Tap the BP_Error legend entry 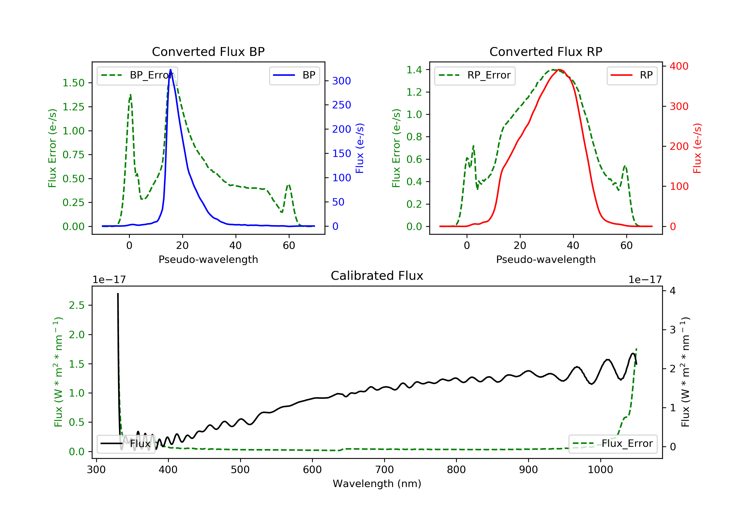[x=137, y=76]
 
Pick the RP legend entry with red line [x=632, y=76]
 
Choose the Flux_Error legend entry [x=613, y=444]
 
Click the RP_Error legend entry [x=475, y=76]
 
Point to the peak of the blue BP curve [x=171, y=70]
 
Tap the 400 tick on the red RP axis [x=679, y=66]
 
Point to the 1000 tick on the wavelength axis [x=600, y=470]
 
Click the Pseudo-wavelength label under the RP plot [x=546, y=259]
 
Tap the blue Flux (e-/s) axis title [x=360, y=148]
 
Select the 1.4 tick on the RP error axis [x=414, y=70]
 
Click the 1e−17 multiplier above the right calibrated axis [x=645, y=280]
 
